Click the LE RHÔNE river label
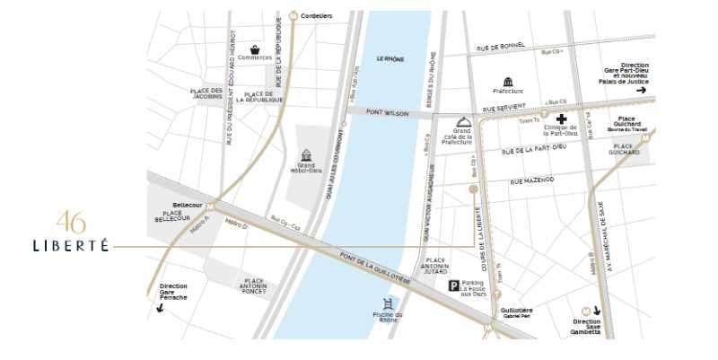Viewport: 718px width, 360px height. tap(390, 58)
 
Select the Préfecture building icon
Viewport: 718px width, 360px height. tap(509, 82)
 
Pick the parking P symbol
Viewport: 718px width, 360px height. tap(454, 286)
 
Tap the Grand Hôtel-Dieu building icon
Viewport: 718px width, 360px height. tap(305, 155)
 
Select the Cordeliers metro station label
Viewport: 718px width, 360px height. tap(316, 15)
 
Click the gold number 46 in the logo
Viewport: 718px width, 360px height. tap(71, 222)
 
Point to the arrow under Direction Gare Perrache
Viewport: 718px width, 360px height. tap(161, 308)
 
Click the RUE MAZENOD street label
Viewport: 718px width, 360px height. tap(532, 180)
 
